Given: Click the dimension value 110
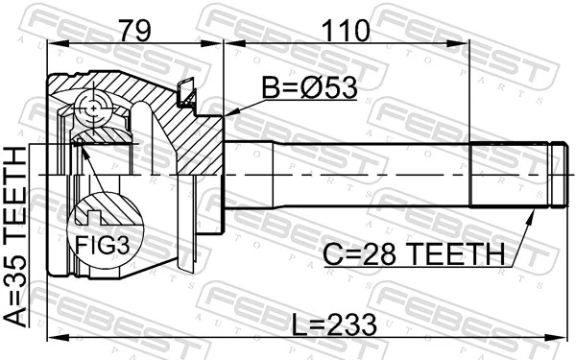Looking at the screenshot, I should (347, 30).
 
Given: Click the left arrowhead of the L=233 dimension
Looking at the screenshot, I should (50, 335).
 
